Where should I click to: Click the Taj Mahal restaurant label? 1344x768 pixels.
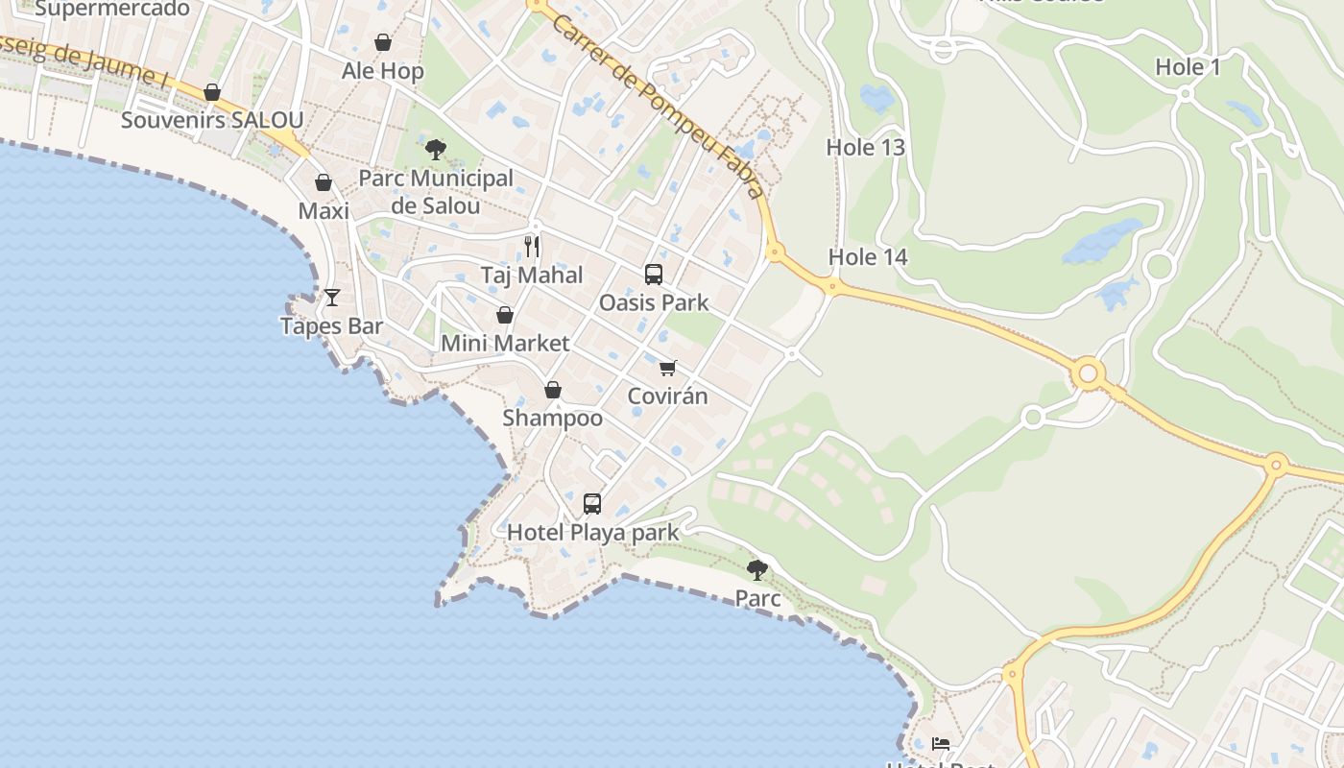click(532, 276)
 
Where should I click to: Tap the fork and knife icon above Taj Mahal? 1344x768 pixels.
click(532, 247)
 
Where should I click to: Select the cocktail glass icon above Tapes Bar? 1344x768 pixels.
click(332, 298)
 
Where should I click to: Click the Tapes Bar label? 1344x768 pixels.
click(332, 326)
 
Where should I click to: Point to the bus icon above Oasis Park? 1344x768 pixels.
click(654, 275)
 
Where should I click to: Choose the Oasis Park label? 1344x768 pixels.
click(654, 303)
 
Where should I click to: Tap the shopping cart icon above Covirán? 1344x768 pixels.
click(668, 368)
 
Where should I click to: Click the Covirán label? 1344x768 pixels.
click(668, 396)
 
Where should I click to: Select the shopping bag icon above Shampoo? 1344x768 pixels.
click(553, 390)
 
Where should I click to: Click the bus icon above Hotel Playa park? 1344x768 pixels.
click(592, 504)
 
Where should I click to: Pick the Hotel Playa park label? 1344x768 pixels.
click(592, 533)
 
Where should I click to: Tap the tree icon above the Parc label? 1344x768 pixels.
click(757, 570)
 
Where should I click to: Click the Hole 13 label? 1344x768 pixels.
click(866, 148)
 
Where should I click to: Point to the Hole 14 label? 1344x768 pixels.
click(868, 257)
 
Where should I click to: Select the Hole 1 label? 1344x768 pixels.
click(1188, 67)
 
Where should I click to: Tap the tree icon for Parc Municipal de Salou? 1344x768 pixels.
click(436, 150)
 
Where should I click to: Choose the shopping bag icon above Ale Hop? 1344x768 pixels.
click(383, 42)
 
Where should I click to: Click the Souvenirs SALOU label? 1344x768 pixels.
click(212, 121)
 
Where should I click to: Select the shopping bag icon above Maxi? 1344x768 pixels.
click(324, 182)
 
